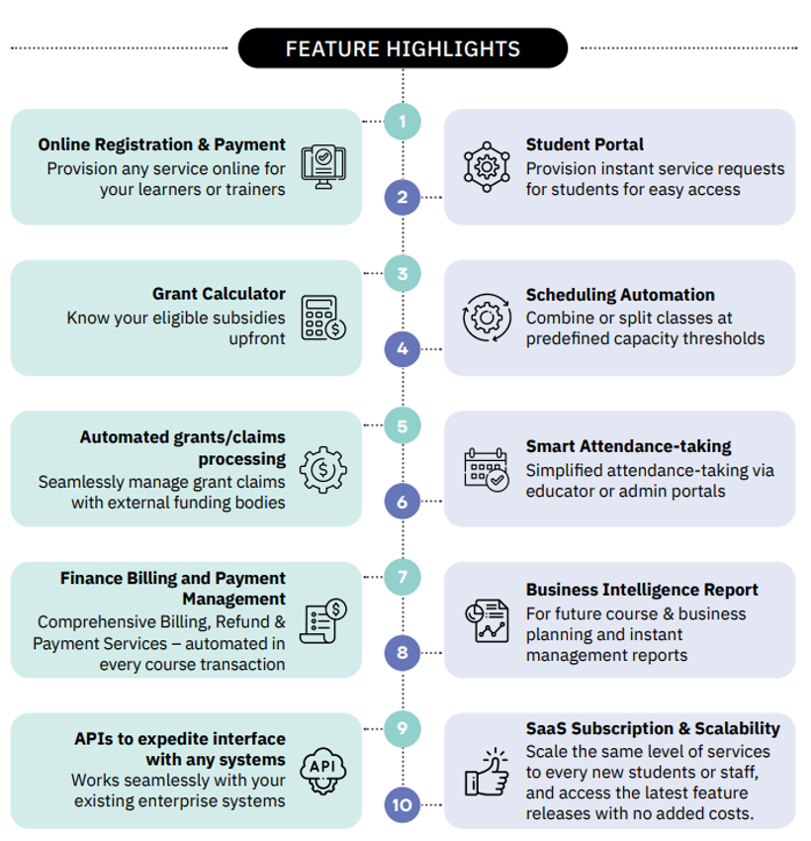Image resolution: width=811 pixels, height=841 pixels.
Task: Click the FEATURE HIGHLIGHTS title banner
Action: point(403,48)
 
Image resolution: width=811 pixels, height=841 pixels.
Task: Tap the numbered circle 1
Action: point(403,122)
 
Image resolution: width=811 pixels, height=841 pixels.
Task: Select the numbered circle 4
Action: point(403,348)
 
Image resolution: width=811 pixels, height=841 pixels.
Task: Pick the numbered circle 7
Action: point(403,576)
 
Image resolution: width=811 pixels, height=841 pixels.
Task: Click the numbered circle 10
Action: point(403,804)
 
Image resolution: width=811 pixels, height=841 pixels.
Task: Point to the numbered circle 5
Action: point(403,426)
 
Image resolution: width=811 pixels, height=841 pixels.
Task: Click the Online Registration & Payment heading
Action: point(162,145)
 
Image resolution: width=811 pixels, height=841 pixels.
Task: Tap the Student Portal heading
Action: point(585,145)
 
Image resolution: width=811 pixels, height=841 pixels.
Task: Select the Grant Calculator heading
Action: point(219,294)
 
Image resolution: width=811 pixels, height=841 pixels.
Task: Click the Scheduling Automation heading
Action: point(620,295)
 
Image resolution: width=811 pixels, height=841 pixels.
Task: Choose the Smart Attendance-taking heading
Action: point(629,446)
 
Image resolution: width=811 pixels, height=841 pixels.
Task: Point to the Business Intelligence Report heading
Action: point(642,591)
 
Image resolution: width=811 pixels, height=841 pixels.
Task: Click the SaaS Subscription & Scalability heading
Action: point(653,729)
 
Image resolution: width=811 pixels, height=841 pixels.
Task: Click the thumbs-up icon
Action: point(487,773)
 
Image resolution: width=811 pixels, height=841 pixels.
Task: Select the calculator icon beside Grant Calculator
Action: point(323,318)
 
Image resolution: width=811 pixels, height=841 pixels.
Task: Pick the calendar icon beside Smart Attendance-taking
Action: point(487,469)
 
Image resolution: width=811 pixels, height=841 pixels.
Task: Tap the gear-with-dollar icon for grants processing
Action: point(323,470)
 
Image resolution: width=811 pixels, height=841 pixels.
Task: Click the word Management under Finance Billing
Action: point(233,599)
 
